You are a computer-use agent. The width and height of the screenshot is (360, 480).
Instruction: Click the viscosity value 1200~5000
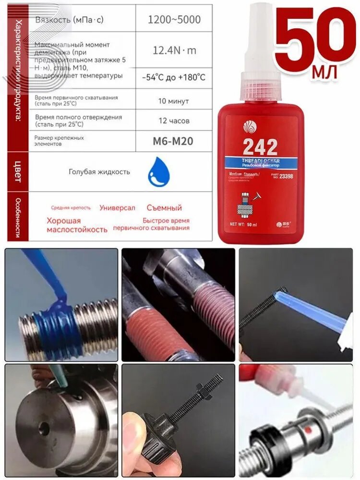pyautogui.click(x=174, y=20)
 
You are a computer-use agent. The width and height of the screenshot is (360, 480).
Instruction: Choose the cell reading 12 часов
pyautogui.click(x=174, y=120)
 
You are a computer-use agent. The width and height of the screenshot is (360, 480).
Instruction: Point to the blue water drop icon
pyautogui.click(x=158, y=171)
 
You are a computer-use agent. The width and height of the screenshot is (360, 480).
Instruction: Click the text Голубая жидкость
pyautogui.click(x=99, y=172)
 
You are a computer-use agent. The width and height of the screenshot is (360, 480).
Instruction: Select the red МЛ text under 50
pyautogui.click(x=324, y=72)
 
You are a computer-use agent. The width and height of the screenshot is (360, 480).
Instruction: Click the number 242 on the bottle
pyautogui.click(x=260, y=146)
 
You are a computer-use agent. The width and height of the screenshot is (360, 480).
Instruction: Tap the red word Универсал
pyautogui.click(x=117, y=208)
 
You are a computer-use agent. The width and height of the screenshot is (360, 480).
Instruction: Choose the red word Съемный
pyautogui.click(x=164, y=208)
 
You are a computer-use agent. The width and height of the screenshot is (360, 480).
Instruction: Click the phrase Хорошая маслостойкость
pyautogui.click(x=77, y=225)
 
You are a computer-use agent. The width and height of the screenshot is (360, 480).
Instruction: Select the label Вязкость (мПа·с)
pyautogui.click(x=69, y=20)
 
